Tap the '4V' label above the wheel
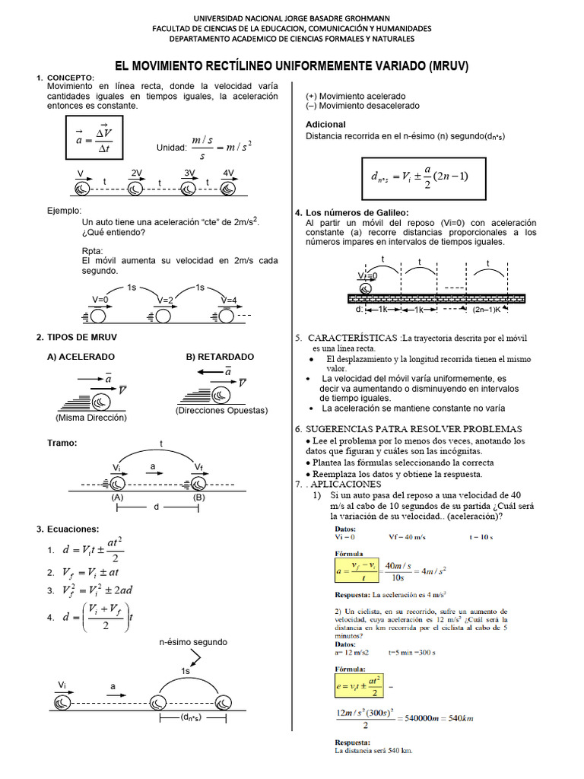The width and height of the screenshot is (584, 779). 228,173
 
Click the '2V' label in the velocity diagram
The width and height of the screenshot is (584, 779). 137,173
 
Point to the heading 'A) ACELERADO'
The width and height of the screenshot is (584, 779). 81,356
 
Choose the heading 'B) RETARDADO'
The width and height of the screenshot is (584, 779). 220,356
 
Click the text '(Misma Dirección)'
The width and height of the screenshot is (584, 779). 91,418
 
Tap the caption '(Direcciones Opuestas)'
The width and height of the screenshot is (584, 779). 221,410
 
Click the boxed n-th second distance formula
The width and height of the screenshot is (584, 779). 419,176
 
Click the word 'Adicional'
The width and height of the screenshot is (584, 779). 325,124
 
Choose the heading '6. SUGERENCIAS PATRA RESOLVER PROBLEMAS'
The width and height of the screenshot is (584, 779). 408,429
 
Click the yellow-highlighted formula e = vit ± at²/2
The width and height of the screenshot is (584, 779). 357,684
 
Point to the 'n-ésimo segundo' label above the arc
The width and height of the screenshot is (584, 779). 193,642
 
